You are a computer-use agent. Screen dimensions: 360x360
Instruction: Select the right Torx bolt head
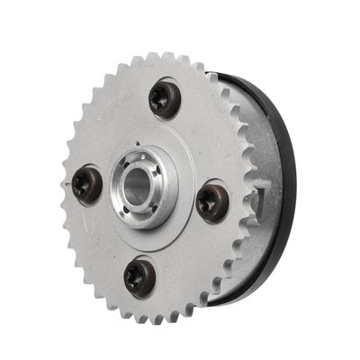point(213,201)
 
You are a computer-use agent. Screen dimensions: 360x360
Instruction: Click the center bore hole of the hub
point(136,191)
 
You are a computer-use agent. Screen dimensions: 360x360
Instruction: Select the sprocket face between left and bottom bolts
point(103,238)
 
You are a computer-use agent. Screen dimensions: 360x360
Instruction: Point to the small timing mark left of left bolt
point(70,184)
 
